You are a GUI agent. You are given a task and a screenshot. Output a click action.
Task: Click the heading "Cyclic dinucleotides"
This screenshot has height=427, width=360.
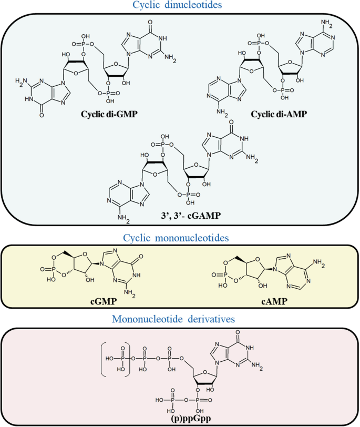(x=179, y=7)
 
